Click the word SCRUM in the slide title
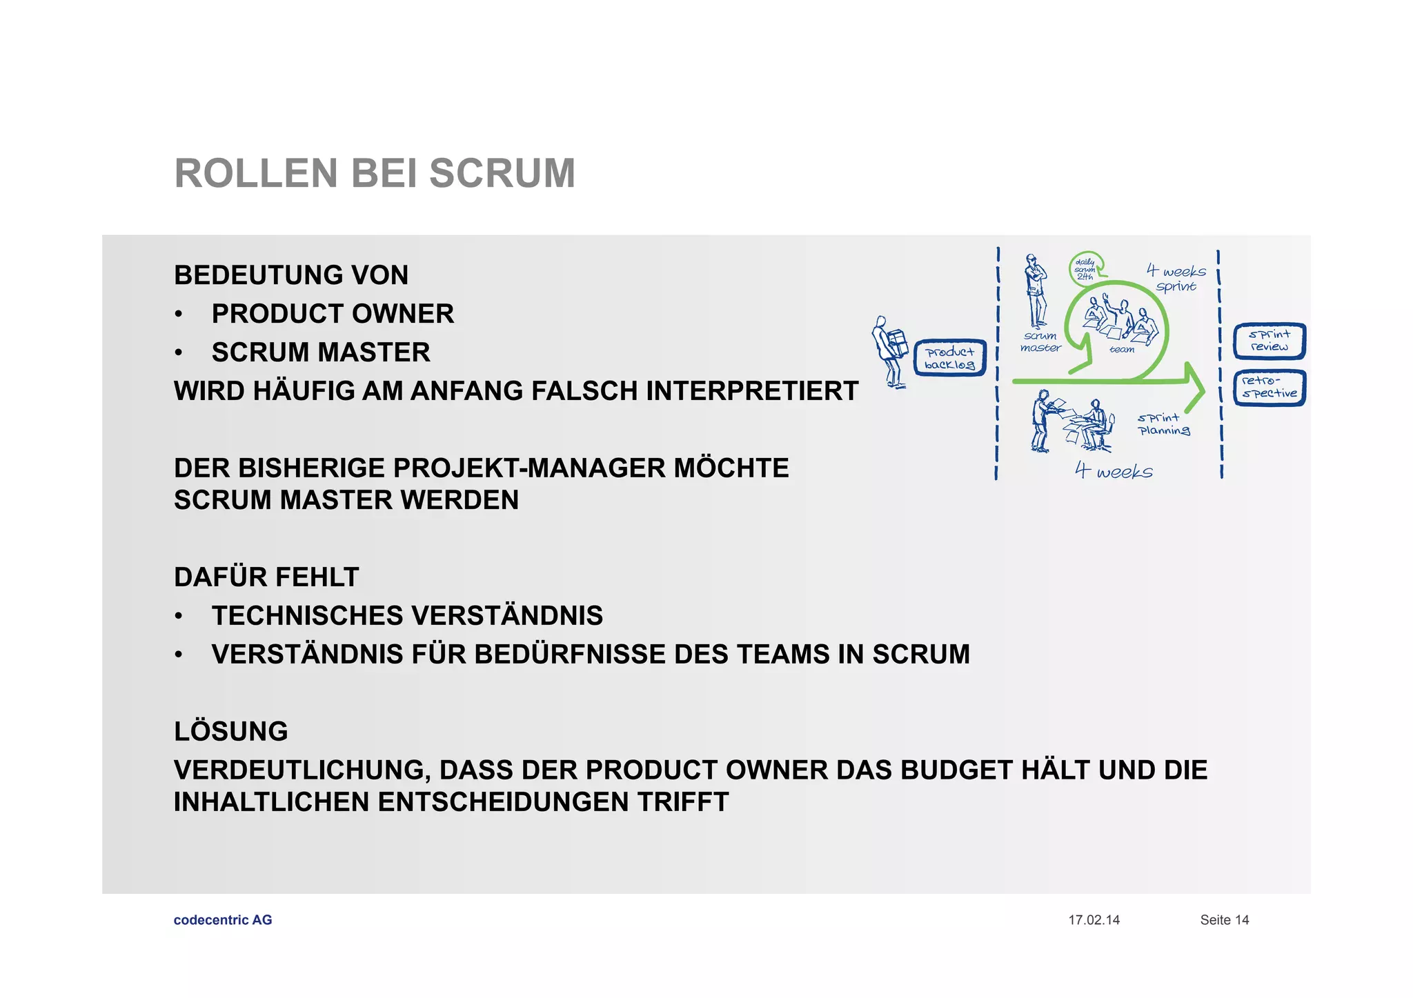[x=502, y=173]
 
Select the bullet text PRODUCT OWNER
[x=333, y=314]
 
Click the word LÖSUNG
[x=231, y=731]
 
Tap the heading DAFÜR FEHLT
[x=266, y=577]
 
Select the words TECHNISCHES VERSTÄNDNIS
[x=407, y=616]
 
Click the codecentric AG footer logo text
[x=223, y=920]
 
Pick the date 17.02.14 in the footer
[x=1094, y=920]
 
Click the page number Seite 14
[x=1224, y=920]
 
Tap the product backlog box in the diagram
[x=950, y=358]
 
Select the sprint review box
[x=1269, y=341]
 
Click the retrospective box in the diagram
[x=1269, y=388]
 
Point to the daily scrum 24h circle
[x=1086, y=269]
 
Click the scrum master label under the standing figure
[x=1040, y=342]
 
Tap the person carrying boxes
[x=889, y=352]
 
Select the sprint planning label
[x=1163, y=424]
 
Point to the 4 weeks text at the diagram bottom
[x=1114, y=471]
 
